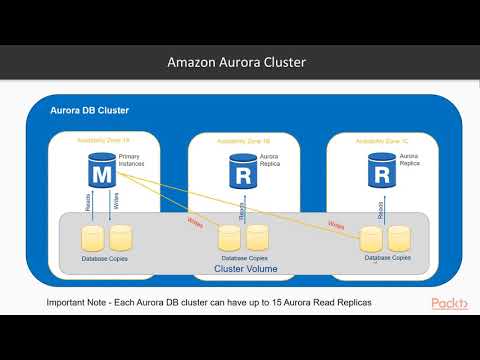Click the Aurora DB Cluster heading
pos(90,110)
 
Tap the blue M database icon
pos(101,173)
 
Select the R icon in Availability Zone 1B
pos(241,173)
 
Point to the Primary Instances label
pos(132,162)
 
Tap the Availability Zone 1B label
pos(241,142)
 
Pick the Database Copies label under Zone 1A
pos(105,258)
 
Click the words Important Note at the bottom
pos(82,302)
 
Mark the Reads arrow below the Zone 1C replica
pos(380,207)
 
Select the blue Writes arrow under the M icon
pos(110,205)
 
